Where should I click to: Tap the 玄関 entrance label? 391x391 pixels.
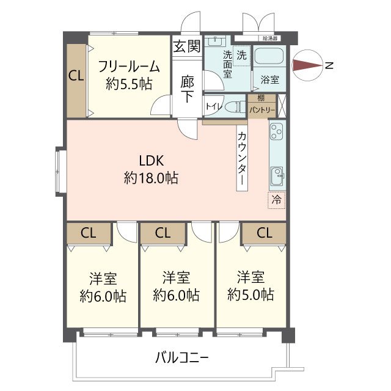pyautogui.click(x=186, y=46)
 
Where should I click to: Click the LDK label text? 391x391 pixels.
pyautogui.click(x=151, y=161)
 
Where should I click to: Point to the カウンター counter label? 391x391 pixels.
pyautogui.click(x=242, y=159)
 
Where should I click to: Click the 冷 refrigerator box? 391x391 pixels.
pyautogui.click(x=277, y=199)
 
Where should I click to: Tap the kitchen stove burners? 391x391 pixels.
pyautogui.click(x=277, y=131)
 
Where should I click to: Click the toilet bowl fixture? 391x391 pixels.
pyautogui.click(x=233, y=106)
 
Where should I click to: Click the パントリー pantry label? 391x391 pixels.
pyautogui.click(x=262, y=110)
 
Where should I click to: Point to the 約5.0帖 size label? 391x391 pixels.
pyautogui.click(x=250, y=295)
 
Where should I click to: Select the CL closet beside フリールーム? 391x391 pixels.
pyautogui.click(x=76, y=76)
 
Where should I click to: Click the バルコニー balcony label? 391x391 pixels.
pyautogui.click(x=182, y=357)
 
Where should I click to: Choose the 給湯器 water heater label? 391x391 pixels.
pyautogui.click(x=270, y=38)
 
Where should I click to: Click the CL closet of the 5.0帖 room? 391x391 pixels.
pyautogui.click(x=263, y=232)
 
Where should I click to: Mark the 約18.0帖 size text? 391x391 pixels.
pyautogui.click(x=151, y=178)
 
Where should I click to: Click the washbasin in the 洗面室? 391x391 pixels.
pyautogui.click(x=214, y=42)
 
